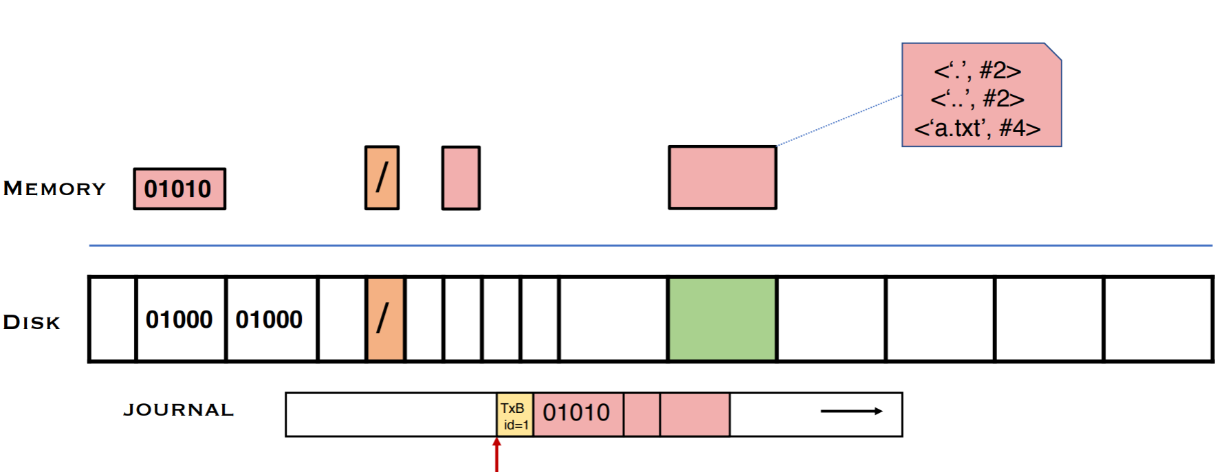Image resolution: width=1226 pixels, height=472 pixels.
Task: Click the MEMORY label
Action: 55,188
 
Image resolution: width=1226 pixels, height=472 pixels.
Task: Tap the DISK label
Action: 32,322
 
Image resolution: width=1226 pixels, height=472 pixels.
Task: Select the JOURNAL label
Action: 179,410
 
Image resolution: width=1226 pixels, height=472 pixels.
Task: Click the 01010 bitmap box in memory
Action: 179,189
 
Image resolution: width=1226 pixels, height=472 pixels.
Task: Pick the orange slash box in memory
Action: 382,177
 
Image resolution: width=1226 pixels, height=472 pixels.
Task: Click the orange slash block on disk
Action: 385,319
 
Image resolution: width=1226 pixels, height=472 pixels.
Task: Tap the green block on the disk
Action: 722,319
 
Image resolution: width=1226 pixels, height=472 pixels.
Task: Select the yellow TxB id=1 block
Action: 514,415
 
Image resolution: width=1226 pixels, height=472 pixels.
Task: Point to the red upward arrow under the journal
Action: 496,455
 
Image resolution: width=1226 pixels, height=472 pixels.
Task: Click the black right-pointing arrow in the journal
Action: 851,412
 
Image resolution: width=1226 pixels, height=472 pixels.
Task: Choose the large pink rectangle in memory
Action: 722,177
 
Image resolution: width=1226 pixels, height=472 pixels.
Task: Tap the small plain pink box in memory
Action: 461,178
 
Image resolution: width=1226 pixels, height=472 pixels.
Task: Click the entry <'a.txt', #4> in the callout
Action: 977,128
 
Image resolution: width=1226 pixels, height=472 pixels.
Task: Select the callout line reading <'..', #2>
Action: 977,99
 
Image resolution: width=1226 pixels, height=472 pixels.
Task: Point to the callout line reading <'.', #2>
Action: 977,70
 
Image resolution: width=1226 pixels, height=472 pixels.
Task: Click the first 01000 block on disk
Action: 180,319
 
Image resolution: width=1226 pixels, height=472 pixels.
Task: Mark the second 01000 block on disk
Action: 270,319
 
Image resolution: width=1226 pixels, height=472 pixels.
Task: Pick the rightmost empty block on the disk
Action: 1158,319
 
